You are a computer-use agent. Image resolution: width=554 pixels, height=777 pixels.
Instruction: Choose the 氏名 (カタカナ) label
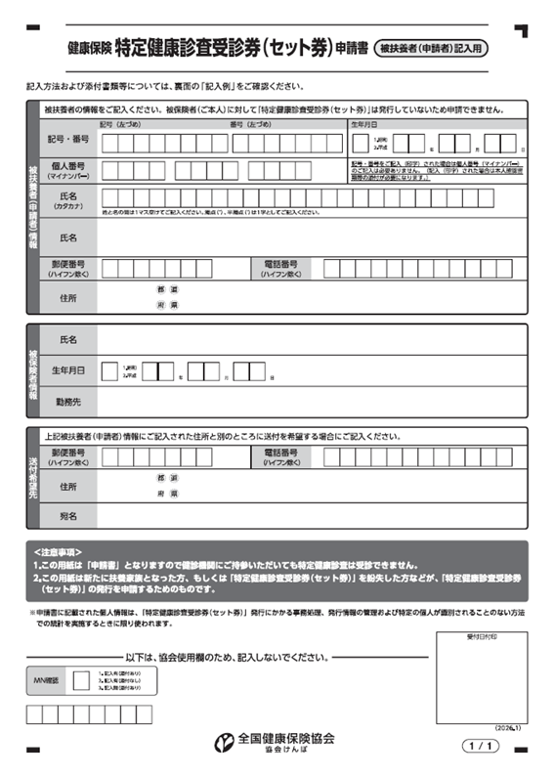pos(67,201)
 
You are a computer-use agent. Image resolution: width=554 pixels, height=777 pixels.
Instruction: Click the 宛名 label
pos(67,514)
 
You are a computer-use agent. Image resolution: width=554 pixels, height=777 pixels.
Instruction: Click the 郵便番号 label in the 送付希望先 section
pos(67,456)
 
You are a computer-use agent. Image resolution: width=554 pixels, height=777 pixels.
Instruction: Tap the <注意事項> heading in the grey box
pos(59,553)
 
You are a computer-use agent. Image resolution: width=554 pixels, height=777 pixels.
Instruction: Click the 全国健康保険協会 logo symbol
pos(223,740)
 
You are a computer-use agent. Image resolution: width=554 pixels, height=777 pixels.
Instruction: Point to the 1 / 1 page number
pos(484,747)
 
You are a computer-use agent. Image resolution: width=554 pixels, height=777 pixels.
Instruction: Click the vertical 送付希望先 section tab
pos(32,478)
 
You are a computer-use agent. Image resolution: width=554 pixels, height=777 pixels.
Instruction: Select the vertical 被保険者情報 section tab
pos(32,369)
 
